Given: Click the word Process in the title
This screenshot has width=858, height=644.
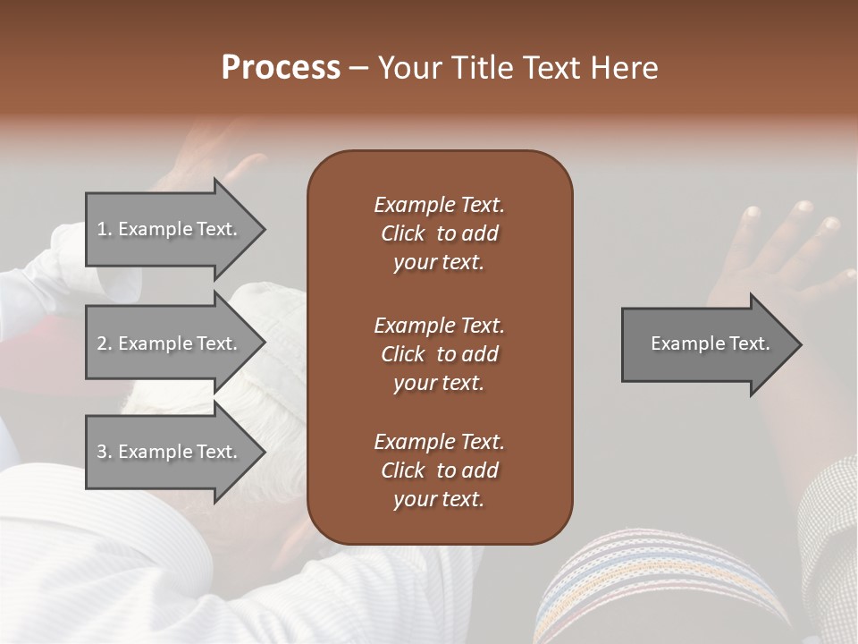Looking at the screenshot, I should pos(281,68).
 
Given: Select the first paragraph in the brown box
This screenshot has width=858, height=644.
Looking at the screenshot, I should pos(439,233).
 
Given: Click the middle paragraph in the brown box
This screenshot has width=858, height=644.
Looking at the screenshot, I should pos(439,353).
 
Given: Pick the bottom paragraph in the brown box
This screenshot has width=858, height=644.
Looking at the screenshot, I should pos(439,470).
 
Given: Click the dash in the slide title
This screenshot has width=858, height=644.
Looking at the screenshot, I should pos(359,69).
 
